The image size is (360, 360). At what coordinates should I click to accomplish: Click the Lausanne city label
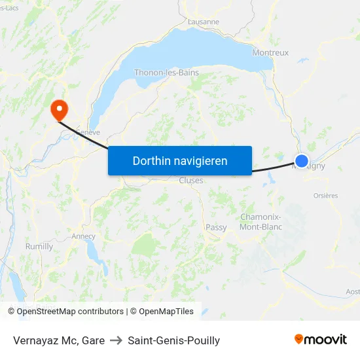[x=203, y=22]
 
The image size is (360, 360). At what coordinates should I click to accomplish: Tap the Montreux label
[x=270, y=53]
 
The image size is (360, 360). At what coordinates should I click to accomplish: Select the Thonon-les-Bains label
[x=166, y=73]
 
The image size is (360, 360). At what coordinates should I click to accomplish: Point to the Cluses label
[x=191, y=181]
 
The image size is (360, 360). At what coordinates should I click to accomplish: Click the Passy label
[x=216, y=228]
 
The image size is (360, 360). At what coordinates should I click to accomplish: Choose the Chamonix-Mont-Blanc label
[x=261, y=222]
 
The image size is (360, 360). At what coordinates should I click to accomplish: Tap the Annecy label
[x=83, y=236]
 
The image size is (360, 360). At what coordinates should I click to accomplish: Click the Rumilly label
[x=39, y=247]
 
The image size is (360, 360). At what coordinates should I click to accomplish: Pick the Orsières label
[x=325, y=195]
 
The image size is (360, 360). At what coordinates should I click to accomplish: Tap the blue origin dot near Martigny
[x=302, y=160]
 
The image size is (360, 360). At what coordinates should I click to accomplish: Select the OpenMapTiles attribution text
[x=164, y=312]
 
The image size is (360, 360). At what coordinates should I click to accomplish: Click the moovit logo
[x=320, y=340]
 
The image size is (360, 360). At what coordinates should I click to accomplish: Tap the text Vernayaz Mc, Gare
[x=59, y=340]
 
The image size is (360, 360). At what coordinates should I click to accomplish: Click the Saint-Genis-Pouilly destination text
[x=174, y=340]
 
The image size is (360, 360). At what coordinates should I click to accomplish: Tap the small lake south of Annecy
[x=98, y=257]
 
